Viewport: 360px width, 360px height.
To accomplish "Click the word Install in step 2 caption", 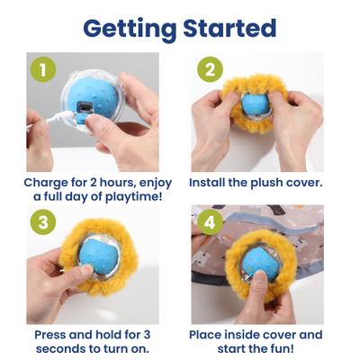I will [x=209, y=182].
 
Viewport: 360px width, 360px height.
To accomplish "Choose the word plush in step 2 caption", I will [x=274, y=182].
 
